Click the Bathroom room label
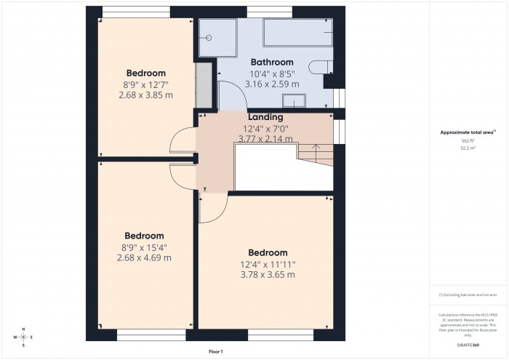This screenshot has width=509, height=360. click(272, 63)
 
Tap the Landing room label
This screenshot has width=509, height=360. click(265, 117)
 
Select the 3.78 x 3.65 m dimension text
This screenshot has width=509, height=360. click(268, 275)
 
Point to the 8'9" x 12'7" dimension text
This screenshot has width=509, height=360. click(145, 84)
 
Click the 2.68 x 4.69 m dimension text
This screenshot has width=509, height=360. click(144, 257)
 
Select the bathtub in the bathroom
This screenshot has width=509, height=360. click(298, 32)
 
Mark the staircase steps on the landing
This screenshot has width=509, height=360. click(314, 154)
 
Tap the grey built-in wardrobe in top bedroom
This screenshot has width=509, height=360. click(204, 85)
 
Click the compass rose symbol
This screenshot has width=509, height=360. click(23, 337)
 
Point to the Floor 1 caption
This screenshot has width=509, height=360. click(216, 351)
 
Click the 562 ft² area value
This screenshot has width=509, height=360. click(468, 140)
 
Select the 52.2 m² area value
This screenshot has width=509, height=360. click(468, 147)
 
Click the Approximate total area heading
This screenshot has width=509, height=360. click(467, 132)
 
